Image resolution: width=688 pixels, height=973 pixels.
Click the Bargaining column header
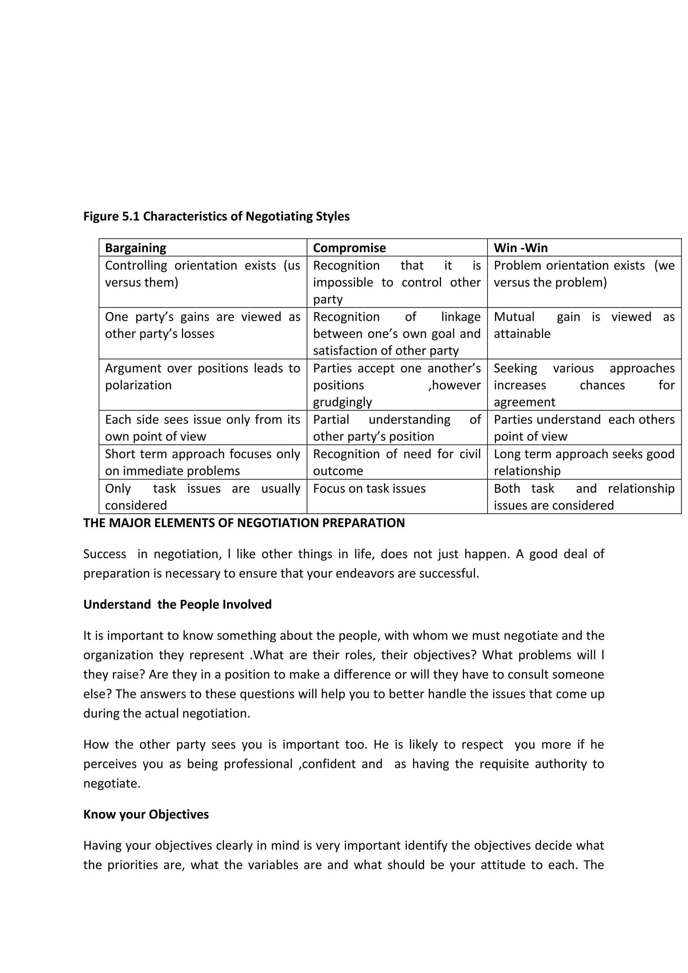pyautogui.click(x=136, y=248)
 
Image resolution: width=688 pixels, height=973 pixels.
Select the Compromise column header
pyautogui.click(x=349, y=248)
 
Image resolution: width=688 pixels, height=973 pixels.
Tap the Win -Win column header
pyautogui.click(x=520, y=248)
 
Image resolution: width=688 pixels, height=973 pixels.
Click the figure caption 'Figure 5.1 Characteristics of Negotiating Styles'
pyautogui.click(x=216, y=217)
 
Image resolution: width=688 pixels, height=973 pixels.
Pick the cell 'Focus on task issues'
pyautogui.click(x=369, y=489)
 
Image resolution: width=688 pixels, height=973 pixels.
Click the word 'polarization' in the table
pyautogui.click(x=138, y=385)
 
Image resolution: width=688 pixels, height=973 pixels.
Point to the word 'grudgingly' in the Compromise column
pyautogui.click(x=342, y=402)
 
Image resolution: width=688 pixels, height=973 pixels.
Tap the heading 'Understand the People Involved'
pyautogui.click(x=177, y=604)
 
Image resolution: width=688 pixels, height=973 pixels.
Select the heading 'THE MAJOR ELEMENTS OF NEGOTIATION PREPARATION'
pyautogui.click(x=244, y=523)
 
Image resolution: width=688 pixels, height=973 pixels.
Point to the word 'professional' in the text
pyautogui.click(x=258, y=764)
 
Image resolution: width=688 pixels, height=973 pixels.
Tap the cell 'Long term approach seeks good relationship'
pyautogui.click(x=584, y=462)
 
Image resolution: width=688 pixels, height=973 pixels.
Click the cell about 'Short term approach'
pyautogui.click(x=203, y=462)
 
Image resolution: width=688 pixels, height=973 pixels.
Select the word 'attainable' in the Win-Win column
pyautogui.click(x=522, y=334)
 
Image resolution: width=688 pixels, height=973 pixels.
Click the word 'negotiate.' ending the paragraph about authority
pyautogui.click(x=112, y=784)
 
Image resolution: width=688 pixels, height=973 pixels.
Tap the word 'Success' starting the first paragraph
pyautogui.click(x=104, y=554)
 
